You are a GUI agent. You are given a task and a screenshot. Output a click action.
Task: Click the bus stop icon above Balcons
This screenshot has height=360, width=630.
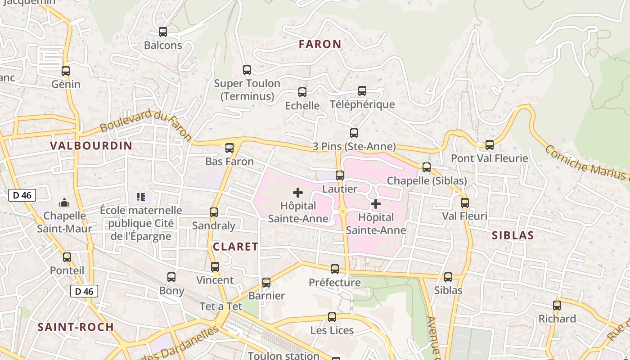[163, 32]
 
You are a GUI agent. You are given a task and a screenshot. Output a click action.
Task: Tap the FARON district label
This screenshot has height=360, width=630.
[320, 44]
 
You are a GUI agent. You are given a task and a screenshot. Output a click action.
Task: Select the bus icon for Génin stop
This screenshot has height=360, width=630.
[66, 71]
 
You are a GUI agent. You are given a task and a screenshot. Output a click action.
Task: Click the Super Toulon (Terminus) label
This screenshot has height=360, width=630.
[247, 90]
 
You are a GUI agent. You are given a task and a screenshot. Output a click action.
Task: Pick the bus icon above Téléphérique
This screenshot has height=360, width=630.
[362, 91]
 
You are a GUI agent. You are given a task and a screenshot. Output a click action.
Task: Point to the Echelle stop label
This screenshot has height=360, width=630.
[302, 106]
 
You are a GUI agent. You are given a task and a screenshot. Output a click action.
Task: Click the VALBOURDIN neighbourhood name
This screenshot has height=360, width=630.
[91, 146]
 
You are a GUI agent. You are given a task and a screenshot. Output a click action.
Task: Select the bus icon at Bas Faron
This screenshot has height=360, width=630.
[229, 148]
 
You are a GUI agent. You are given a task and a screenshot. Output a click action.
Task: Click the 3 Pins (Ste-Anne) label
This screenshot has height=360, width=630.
[354, 147]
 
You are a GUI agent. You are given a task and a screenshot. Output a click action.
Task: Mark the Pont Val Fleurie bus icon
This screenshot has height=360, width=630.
[490, 145]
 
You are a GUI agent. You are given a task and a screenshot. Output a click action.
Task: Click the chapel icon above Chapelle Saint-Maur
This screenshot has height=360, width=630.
[64, 202]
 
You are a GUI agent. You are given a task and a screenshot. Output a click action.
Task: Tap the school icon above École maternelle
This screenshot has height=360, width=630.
[140, 197]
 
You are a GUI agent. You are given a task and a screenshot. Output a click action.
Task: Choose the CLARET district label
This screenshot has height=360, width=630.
[235, 247]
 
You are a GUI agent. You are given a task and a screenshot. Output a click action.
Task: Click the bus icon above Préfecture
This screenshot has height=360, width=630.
[335, 269]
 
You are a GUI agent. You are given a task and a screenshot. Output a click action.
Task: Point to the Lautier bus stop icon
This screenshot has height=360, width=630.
[340, 175]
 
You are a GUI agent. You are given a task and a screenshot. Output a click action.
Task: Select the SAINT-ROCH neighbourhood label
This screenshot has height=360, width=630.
[76, 327]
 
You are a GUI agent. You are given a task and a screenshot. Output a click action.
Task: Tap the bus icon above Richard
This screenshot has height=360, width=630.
[557, 305]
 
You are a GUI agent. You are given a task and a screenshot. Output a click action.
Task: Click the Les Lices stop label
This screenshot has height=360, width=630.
[332, 330]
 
